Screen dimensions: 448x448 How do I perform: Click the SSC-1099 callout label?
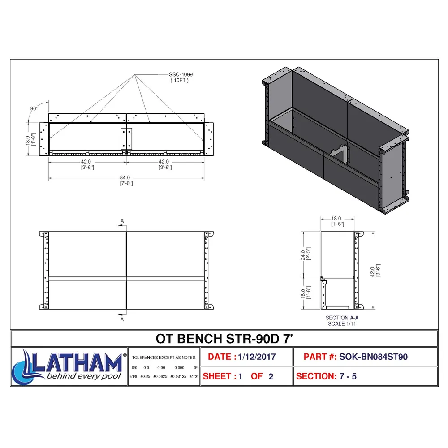tap(181, 74)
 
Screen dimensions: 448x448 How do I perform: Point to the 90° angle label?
tap(34, 108)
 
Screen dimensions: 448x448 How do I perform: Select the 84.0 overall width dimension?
tap(125, 178)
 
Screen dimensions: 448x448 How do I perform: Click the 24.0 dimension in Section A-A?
tap(303, 255)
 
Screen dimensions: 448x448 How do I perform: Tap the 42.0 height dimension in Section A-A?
tap(372, 271)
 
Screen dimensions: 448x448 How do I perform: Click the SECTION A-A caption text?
tap(342, 318)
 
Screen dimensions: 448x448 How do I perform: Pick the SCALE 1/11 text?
tap(342, 324)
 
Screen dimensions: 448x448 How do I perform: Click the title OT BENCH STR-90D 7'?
tap(224, 339)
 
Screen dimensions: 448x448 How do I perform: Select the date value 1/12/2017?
tap(257, 357)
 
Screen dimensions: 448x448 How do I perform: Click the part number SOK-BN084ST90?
tap(374, 357)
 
